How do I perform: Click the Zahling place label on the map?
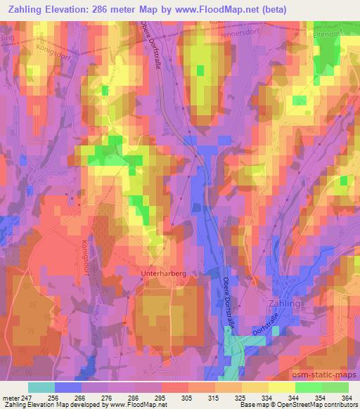click(283, 304)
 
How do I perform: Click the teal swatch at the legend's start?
click(41, 387)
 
